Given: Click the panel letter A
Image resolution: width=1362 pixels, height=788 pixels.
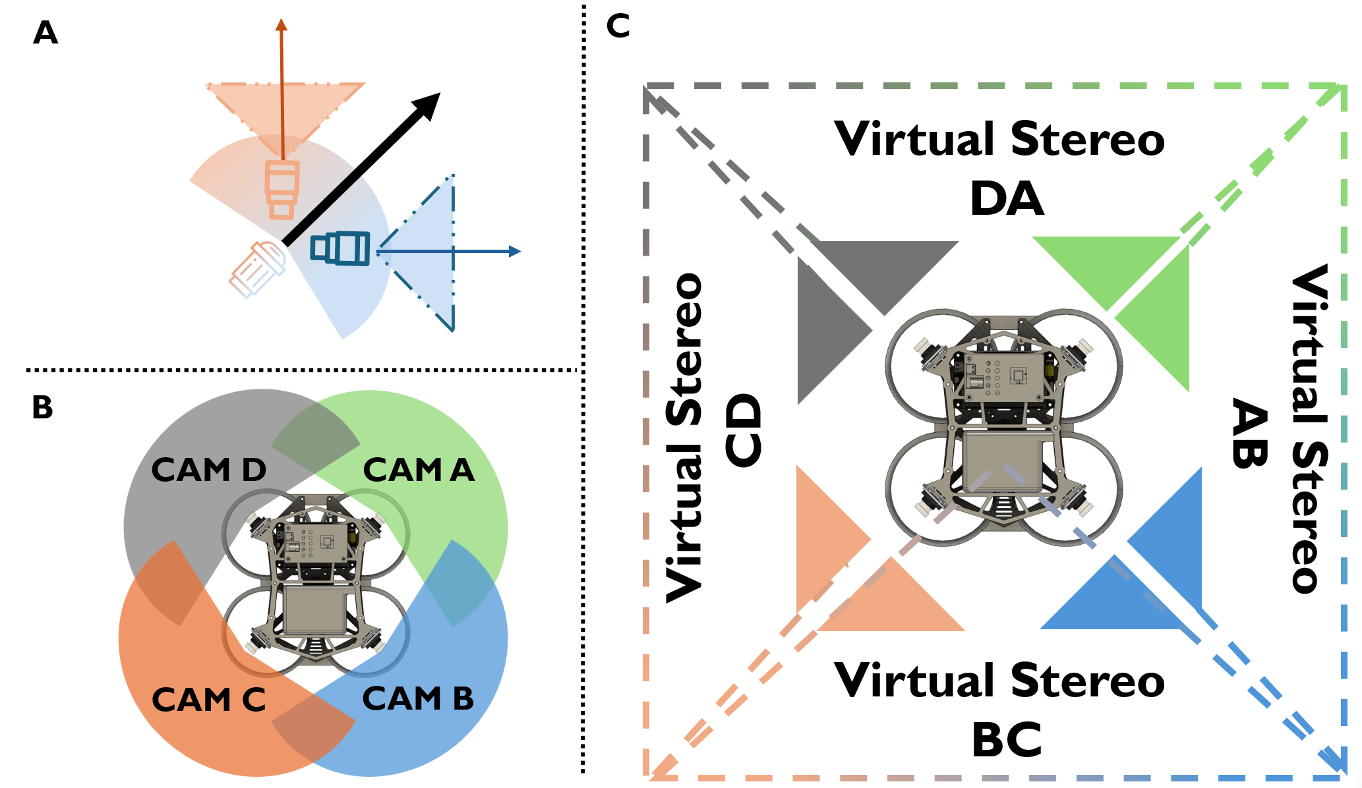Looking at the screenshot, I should [45, 32].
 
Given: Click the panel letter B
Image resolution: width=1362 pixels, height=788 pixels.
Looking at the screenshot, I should [42, 407].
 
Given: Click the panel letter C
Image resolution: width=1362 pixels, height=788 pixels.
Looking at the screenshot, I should [618, 26].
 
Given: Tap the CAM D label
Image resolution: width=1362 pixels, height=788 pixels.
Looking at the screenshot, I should [208, 470].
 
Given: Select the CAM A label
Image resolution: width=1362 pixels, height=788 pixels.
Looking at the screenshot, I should [419, 470].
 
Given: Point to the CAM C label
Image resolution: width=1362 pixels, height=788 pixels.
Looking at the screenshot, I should [208, 700].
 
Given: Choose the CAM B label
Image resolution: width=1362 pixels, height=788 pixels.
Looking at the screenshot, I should [418, 698].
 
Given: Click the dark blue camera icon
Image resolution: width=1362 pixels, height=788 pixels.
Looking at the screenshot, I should [340, 248].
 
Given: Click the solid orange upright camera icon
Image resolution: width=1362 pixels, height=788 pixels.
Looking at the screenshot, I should [282, 189].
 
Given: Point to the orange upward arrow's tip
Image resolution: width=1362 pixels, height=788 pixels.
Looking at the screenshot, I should [281, 24].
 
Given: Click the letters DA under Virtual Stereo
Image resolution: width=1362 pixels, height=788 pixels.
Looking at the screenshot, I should [1007, 199].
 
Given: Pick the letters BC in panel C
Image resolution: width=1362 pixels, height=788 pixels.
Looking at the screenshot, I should [1007, 740].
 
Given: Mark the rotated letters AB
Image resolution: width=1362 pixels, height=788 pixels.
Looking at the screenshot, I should [1249, 434].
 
